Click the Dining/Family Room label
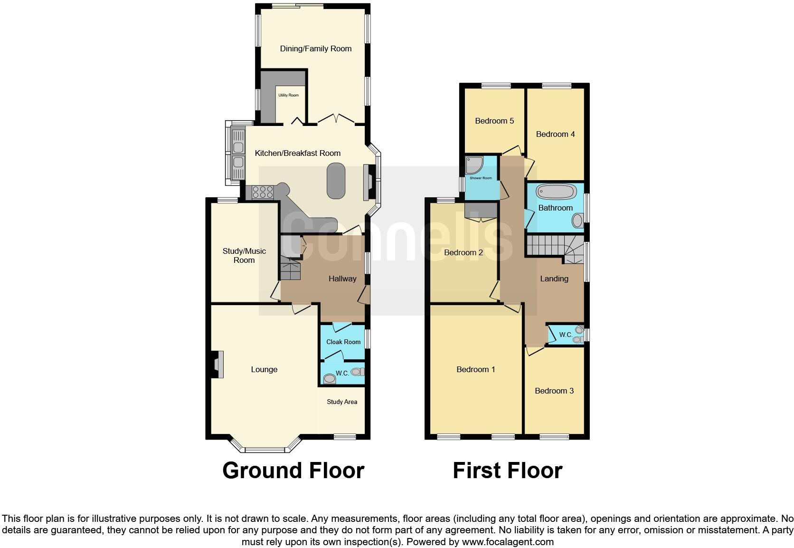pyautogui.click(x=316, y=48)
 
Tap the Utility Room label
pyautogui.click(x=289, y=96)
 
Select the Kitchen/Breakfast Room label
pyautogui.click(x=298, y=153)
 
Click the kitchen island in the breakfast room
pyautogui.click(x=336, y=181)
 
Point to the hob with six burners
pyautogui.click(x=263, y=192)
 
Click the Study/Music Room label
pyautogui.click(x=244, y=256)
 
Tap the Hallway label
pyautogui.click(x=342, y=279)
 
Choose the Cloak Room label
pyautogui.click(x=343, y=342)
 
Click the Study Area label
pyautogui.click(x=342, y=402)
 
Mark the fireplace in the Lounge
pyautogui.click(x=217, y=365)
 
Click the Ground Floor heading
pyautogui.click(x=293, y=471)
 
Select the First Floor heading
pyautogui.click(x=507, y=471)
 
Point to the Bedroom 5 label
pyautogui.click(x=494, y=121)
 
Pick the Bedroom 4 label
pyautogui.click(x=555, y=135)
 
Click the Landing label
pyautogui.click(x=554, y=279)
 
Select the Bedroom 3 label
pyautogui.click(x=554, y=391)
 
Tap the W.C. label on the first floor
pyautogui.click(x=565, y=335)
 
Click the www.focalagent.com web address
pyautogui.click(x=508, y=542)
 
